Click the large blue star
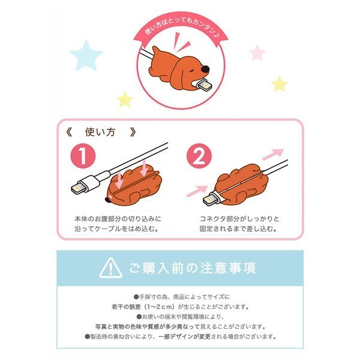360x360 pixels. tap(86, 56)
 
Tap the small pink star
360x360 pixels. tap(257, 53)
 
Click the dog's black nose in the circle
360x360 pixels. tap(205, 68)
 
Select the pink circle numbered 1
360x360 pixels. tap(83, 156)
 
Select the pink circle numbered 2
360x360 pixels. tap(199, 156)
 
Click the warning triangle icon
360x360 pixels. tap(110, 268)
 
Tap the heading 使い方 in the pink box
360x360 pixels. tap(100, 132)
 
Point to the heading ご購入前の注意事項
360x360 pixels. tap(193, 268)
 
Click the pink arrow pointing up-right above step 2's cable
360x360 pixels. tap(273, 154)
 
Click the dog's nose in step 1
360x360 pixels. tap(107, 200)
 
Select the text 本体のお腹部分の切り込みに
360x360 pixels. tap(118, 219)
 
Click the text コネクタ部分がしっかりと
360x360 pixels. tap(239, 219)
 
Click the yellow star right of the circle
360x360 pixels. tap(279, 84)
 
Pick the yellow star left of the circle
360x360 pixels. tap(125, 100)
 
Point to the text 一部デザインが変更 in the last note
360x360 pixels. tap(184, 337)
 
